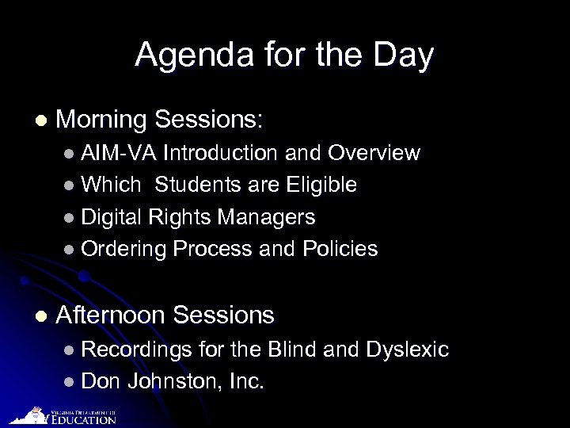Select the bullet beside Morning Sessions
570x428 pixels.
click(40, 120)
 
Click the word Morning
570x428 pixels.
click(102, 120)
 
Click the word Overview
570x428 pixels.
click(374, 153)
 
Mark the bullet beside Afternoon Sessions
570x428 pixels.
click(40, 315)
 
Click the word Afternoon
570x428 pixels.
click(111, 315)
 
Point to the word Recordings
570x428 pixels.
click(136, 350)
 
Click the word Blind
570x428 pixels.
click(295, 350)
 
